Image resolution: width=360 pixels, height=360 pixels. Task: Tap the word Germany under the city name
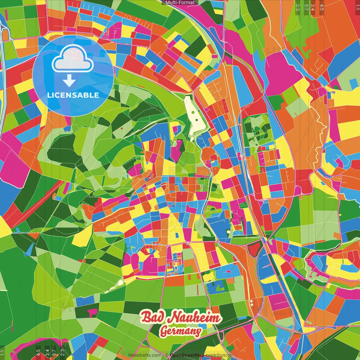click(x=181, y=332)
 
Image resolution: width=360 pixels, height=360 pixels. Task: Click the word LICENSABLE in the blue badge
click(x=73, y=95)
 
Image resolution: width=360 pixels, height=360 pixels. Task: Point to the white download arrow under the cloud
click(x=69, y=81)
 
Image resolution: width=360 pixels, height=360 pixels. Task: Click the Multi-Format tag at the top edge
click(x=180, y=3)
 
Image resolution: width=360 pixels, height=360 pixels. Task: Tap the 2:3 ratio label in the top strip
click(x=298, y=7)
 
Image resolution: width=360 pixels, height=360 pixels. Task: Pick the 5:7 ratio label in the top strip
click(x=306, y=7)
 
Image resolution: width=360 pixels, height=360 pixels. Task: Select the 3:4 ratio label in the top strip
click(x=313, y=7)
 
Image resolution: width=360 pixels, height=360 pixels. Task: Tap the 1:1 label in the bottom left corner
click(x=3, y=353)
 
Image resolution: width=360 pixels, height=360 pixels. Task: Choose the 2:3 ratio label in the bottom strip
click(x=62, y=353)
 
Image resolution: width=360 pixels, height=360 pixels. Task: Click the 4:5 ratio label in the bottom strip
click(x=38, y=353)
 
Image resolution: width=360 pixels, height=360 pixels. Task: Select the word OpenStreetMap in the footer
click(x=187, y=355)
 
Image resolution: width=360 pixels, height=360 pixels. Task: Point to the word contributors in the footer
click(x=218, y=355)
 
